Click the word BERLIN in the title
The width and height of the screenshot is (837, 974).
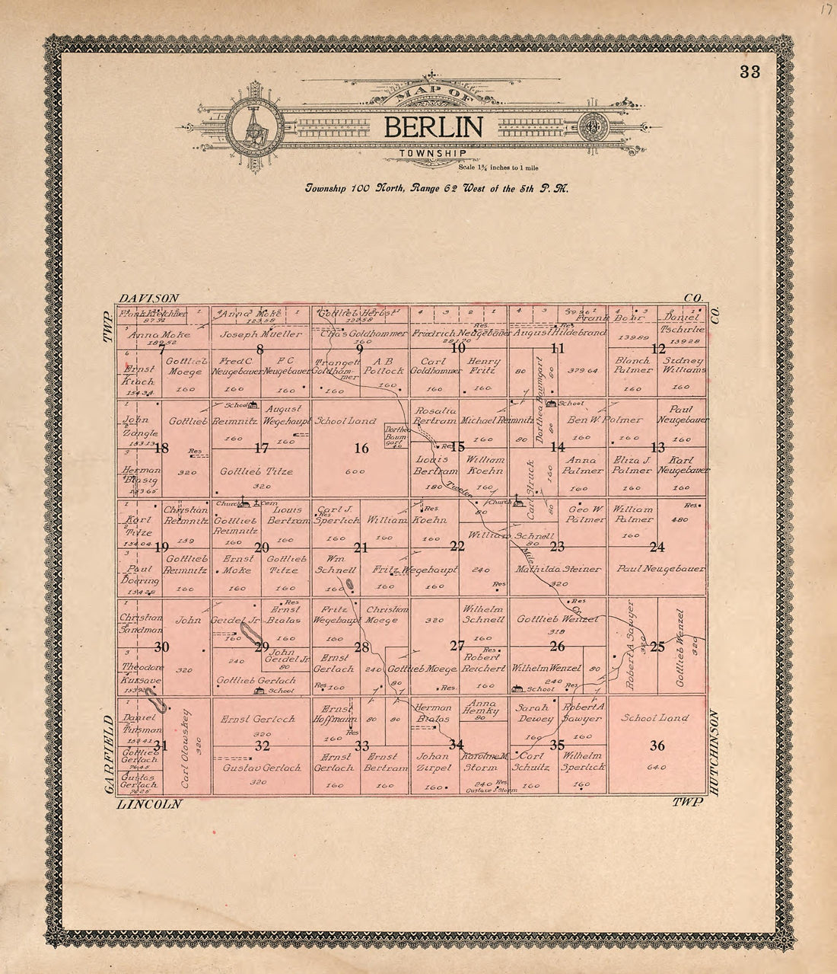coord(432,127)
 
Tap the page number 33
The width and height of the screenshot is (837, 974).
coord(749,72)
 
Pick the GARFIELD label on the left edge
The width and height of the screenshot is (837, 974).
coord(107,755)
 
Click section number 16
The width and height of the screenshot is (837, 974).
coord(361,448)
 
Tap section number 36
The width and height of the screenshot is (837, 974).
coord(657,746)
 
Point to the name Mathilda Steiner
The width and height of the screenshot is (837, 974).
coord(559,569)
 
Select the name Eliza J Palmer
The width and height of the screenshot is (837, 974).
coord(633,465)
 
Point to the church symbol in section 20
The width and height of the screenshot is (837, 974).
coord(243,503)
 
